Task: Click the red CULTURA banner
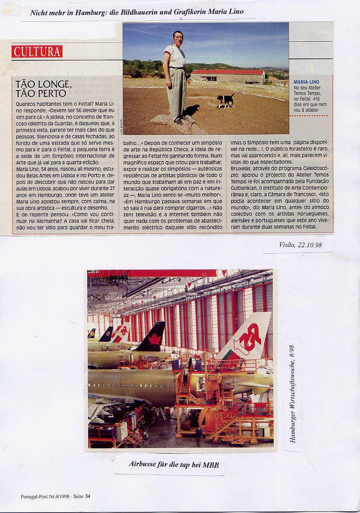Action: coord(37,51)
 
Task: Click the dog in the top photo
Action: coord(225,100)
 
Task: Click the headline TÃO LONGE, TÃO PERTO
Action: coord(43,89)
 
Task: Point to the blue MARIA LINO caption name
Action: coord(306,82)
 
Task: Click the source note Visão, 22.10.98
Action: coord(300,244)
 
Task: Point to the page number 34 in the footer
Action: coord(88,496)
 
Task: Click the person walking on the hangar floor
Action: coord(199,436)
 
